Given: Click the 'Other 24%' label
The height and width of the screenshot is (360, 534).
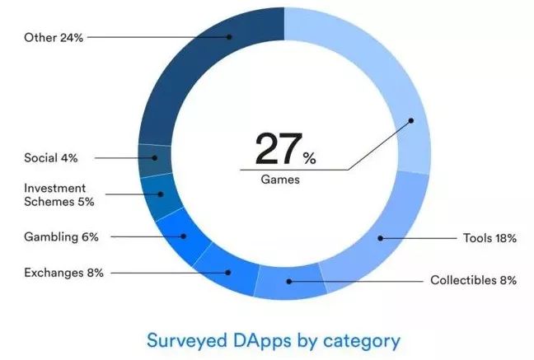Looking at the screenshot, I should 54,37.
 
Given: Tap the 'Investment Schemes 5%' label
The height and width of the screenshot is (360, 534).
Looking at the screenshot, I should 59,194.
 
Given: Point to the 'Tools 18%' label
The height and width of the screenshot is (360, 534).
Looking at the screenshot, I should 489,238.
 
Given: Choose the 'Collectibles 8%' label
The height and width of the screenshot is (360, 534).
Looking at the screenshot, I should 473,280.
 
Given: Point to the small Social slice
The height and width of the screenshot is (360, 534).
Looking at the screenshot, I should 153,158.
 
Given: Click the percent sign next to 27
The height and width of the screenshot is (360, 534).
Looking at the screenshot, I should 307,156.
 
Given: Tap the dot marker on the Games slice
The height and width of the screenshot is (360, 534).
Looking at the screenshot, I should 410,120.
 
